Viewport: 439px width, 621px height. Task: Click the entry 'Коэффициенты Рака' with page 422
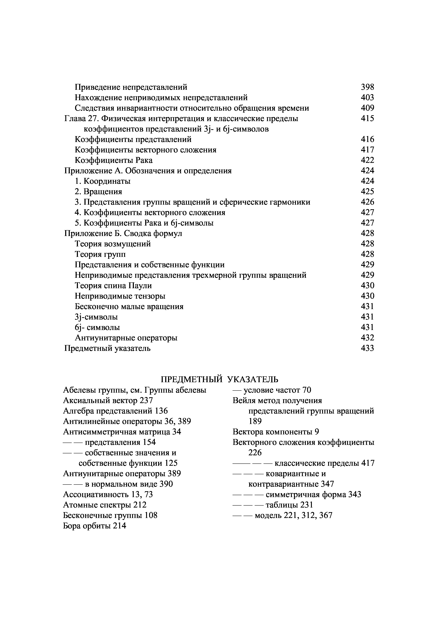[x=114, y=160]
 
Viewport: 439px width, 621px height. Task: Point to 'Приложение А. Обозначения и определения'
[x=148, y=171]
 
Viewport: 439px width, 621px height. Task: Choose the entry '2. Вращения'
[x=98, y=192]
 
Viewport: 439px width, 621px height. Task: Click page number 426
[x=367, y=202]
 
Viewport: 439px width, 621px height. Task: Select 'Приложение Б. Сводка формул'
[x=123, y=233]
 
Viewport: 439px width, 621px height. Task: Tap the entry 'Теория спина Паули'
[x=113, y=286]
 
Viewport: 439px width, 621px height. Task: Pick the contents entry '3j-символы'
[x=96, y=317]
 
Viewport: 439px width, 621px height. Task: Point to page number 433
[x=367, y=348]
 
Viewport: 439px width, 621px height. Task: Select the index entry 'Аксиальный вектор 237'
[x=108, y=400]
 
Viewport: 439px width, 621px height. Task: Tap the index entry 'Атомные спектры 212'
[x=105, y=505]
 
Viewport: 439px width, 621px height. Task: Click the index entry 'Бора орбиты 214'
[x=95, y=526]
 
